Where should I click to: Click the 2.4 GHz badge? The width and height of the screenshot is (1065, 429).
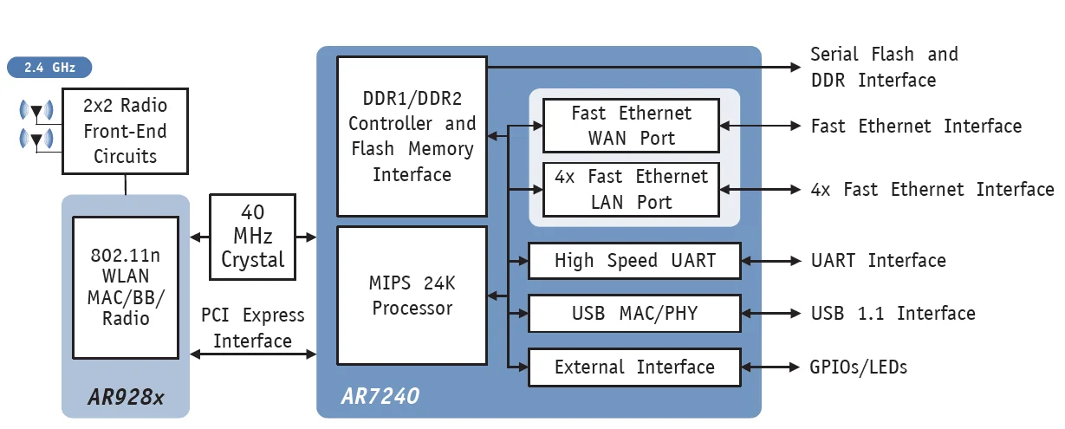pyautogui.click(x=49, y=67)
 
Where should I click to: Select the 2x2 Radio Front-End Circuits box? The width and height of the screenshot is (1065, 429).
pyautogui.click(x=125, y=131)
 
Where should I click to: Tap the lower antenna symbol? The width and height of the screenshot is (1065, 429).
pyautogui.click(x=36, y=139)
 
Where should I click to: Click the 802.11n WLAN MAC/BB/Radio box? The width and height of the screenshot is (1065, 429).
pyautogui.click(x=125, y=287)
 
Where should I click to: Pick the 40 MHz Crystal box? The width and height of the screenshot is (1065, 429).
pyautogui.click(x=253, y=237)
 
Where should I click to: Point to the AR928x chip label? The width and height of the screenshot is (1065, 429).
pyautogui.click(x=125, y=398)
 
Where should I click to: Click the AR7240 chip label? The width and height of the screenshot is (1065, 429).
pyautogui.click(x=380, y=397)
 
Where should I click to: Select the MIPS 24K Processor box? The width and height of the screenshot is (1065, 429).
pyautogui.click(x=412, y=296)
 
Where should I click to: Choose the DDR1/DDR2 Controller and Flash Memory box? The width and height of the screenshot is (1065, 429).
pyautogui.click(x=412, y=136)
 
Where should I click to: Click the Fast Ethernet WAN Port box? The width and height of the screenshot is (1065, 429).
pyautogui.click(x=631, y=126)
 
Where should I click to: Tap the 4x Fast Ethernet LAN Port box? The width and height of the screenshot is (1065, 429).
pyautogui.click(x=631, y=189)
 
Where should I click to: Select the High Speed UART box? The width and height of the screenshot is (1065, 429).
pyautogui.click(x=634, y=261)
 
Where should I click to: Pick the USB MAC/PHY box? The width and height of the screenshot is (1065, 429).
pyautogui.click(x=634, y=313)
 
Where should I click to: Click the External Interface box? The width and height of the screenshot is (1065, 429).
pyautogui.click(x=634, y=367)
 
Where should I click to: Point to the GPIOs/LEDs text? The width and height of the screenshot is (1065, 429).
pyautogui.click(x=859, y=367)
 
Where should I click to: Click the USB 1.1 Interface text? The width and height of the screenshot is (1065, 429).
pyautogui.click(x=893, y=313)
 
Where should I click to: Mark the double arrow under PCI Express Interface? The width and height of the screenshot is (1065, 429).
pyautogui.click(x=253, y=354)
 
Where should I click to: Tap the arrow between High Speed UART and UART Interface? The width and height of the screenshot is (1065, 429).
pyautogui.click(x=771, y=261)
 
